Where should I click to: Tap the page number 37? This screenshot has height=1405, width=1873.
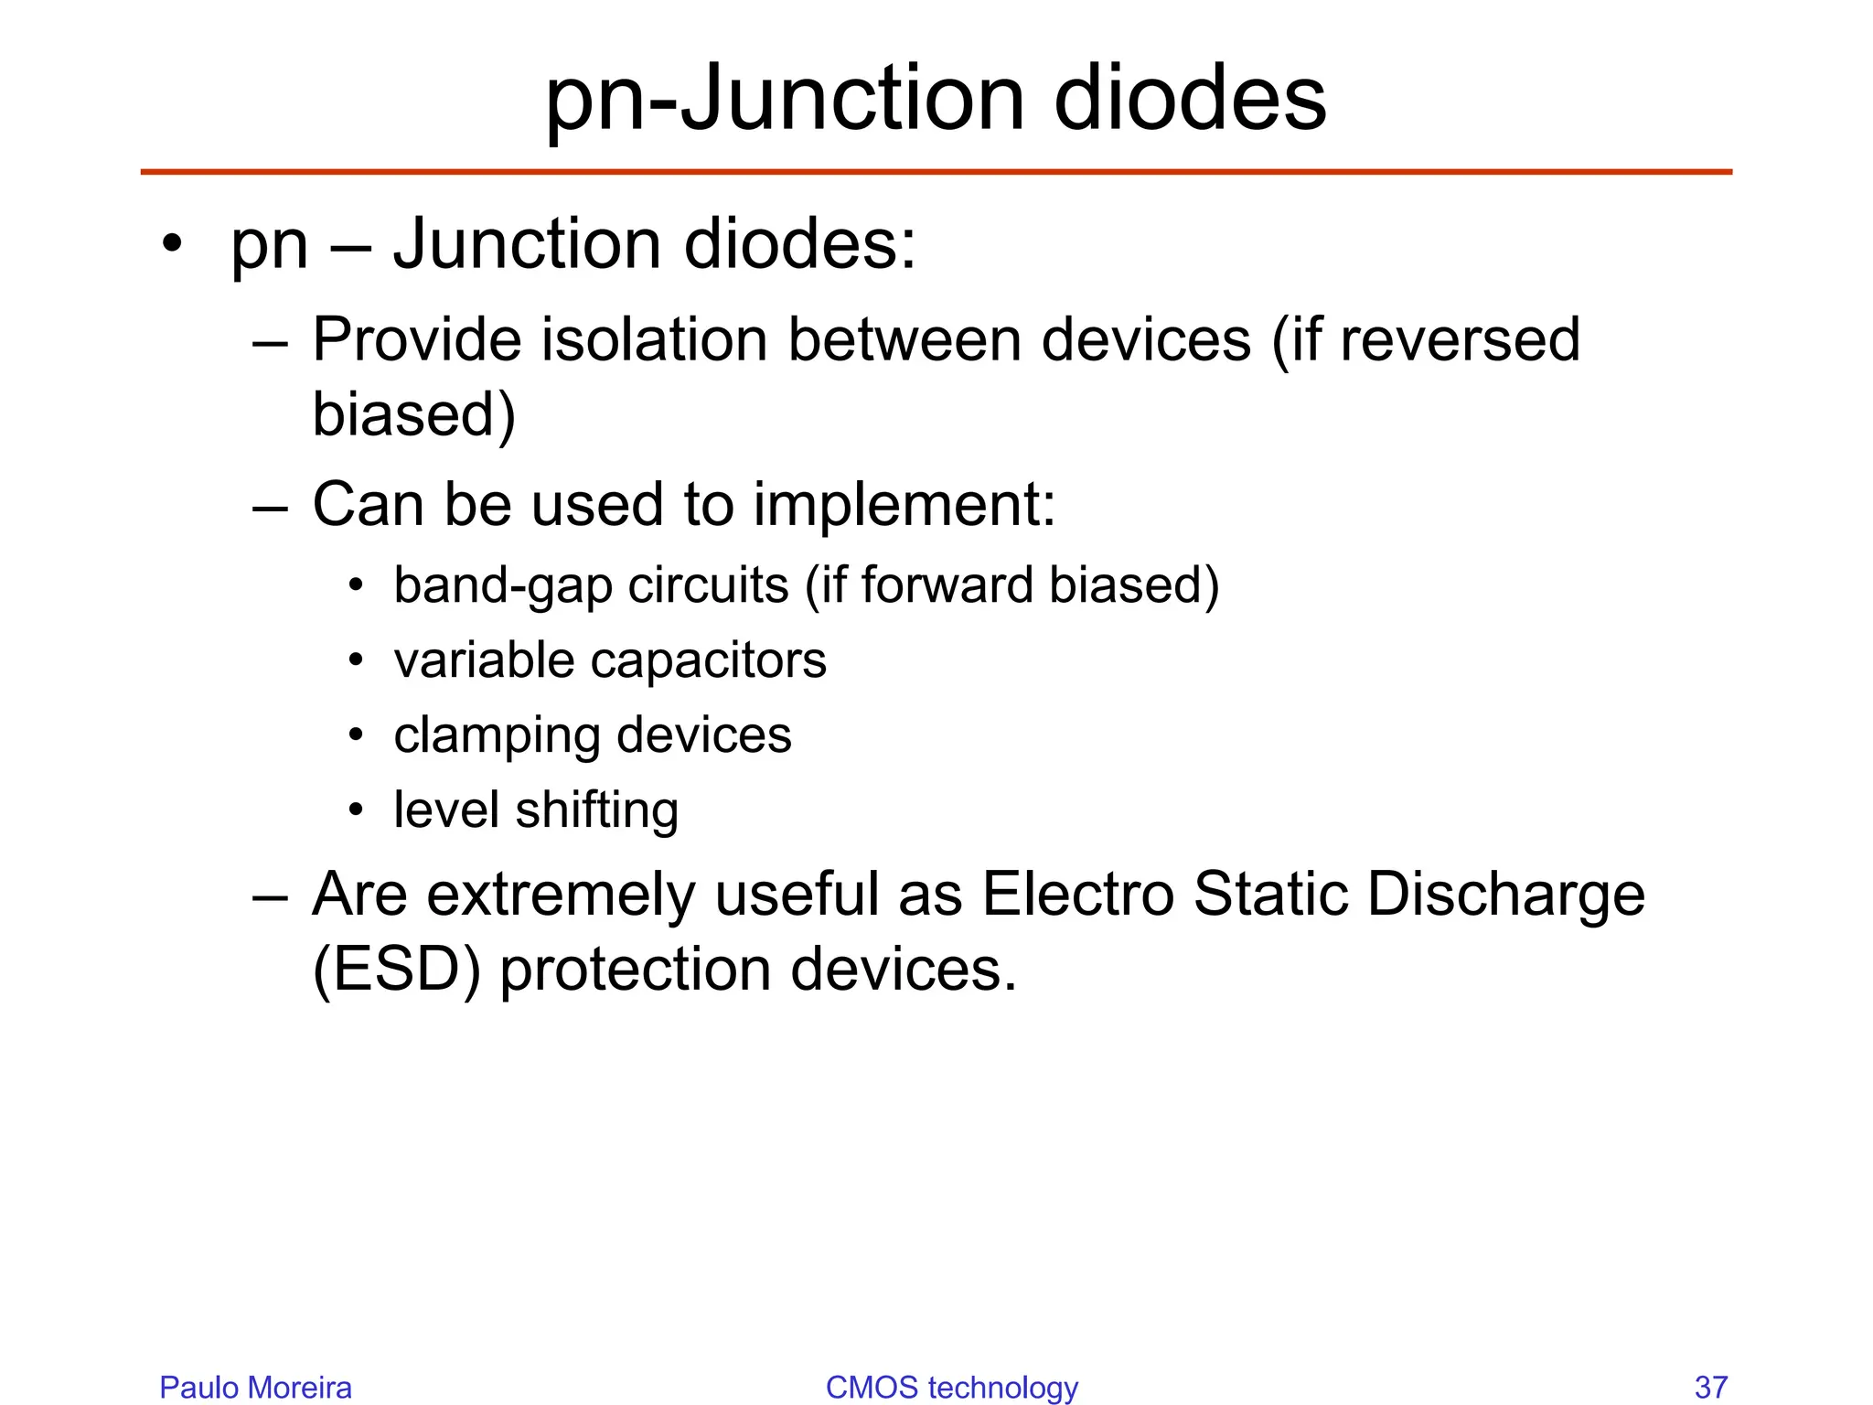click(x=1711, y=1387)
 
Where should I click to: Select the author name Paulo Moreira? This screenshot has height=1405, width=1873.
click(x=255, y=1387)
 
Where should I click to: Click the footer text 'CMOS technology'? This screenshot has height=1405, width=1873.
click(x=951, y=1387)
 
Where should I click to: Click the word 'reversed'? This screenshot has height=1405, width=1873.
click(x=1460, y=339)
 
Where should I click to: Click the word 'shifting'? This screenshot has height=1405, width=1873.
click(x=597, y=810)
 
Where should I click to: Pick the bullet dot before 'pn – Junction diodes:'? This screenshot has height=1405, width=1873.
click(x=171, y=244)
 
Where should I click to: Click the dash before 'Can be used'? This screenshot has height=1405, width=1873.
click(x=270, y=506)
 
